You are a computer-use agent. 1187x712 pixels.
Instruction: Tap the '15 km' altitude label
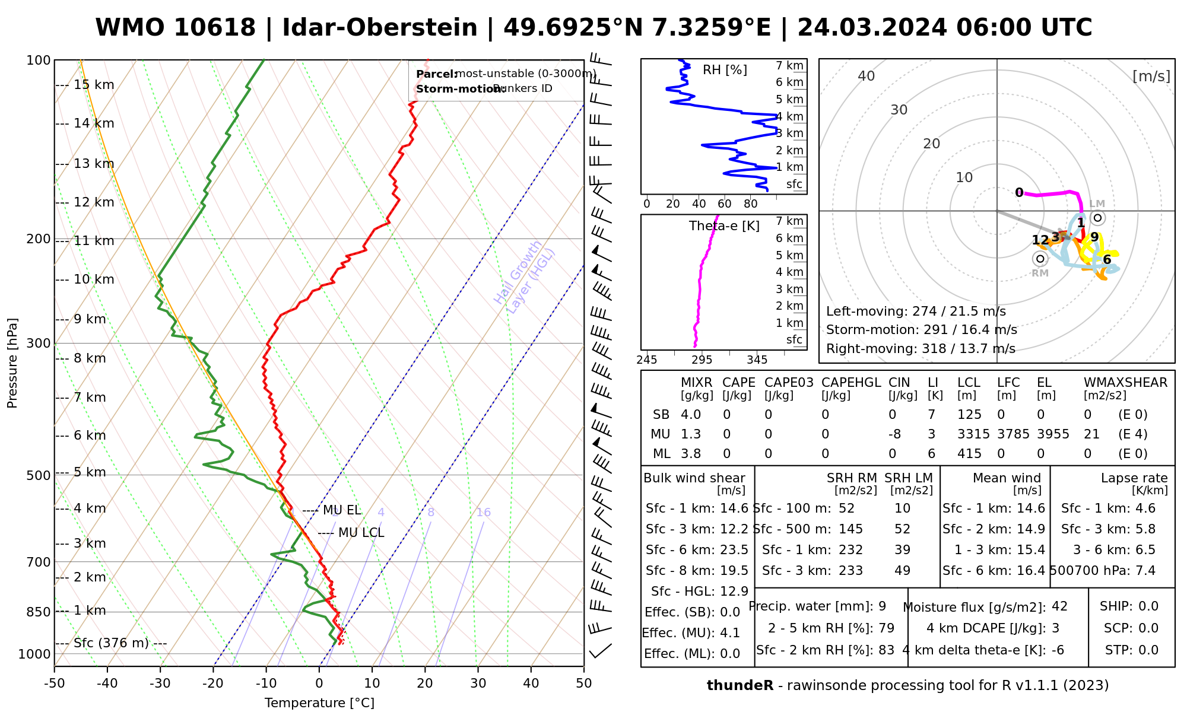(94, 85)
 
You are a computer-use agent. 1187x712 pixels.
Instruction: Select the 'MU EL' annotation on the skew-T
(341, 510)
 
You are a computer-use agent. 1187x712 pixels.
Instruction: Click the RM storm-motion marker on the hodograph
(1039, 259)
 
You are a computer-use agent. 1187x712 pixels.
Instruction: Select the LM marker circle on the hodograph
(1097, 218)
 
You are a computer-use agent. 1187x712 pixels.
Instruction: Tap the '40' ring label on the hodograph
(867, 76)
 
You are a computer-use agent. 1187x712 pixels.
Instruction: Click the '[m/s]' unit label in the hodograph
(1151, 76)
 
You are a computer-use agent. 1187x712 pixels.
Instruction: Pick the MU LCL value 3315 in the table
(973, 434)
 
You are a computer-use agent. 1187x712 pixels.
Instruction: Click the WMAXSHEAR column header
(1125, 383)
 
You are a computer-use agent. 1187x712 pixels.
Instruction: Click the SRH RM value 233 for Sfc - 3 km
(850, 571)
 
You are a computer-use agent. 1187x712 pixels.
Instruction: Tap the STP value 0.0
(1148, 650)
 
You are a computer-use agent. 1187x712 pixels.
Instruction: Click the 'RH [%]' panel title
(725, 70)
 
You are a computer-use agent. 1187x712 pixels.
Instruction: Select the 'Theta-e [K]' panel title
(724, 226)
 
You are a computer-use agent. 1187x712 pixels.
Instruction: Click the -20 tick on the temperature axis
(213, 684)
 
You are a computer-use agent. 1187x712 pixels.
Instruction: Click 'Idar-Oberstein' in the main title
(379, 28)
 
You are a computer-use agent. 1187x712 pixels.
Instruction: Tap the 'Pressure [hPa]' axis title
(12, 363)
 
